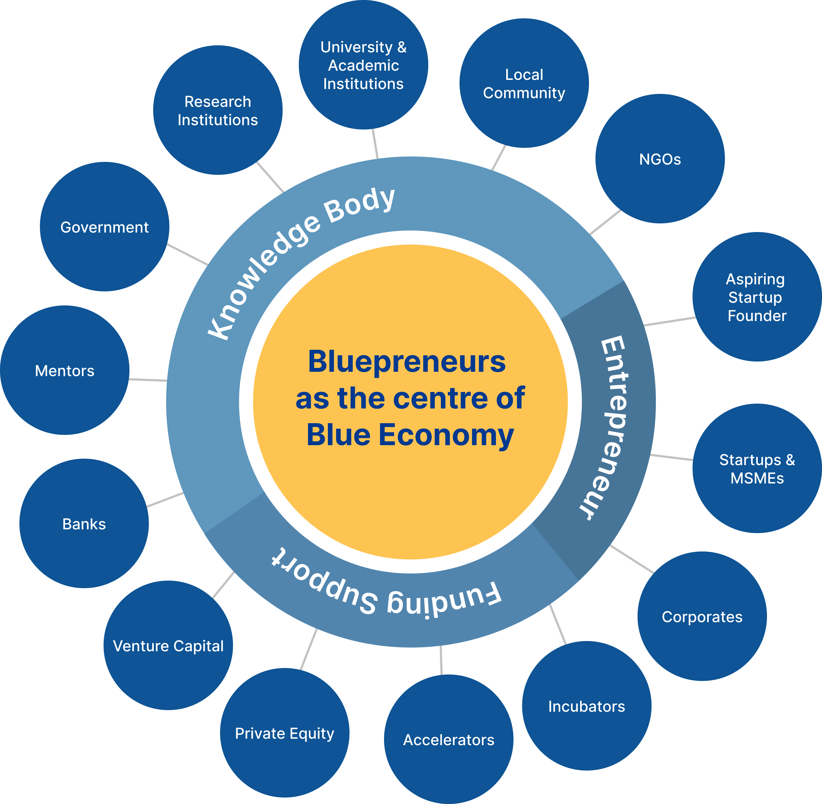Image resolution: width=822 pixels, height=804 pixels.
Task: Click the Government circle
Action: click(x=105, y=227)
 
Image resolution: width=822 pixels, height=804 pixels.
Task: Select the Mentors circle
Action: click(x=65, y=370)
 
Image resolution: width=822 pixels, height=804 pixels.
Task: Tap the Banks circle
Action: click(x=84, y=524)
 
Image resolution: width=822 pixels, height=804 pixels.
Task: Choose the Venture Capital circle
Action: click(x=168, y=646)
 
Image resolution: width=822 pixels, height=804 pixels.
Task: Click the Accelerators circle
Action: click(x=448, y=740)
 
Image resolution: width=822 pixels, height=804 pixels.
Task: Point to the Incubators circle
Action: click(x=586, y=706)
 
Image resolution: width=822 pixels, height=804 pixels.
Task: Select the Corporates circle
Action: click(x=702, y=616)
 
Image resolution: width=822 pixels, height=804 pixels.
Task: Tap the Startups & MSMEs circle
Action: click(x=757, y=468)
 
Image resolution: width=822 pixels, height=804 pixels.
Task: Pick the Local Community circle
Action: click(x=524, y=83)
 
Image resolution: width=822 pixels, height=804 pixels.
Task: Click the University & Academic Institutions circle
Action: click(x=364, y=65)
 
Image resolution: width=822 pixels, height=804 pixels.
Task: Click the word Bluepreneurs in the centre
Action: click(x=407, y=362)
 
